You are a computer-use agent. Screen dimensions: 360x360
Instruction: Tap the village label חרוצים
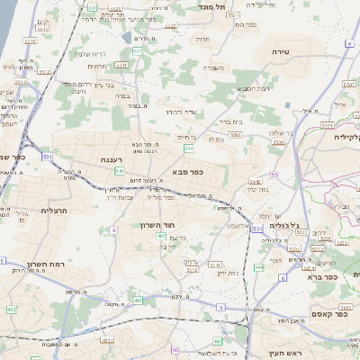tap(98, 65)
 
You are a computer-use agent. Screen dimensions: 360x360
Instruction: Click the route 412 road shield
tap(12, 310)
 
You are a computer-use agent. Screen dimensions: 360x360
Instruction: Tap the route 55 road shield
tap(274, 175)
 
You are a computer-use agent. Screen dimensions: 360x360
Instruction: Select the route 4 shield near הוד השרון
tap(114, 230)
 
